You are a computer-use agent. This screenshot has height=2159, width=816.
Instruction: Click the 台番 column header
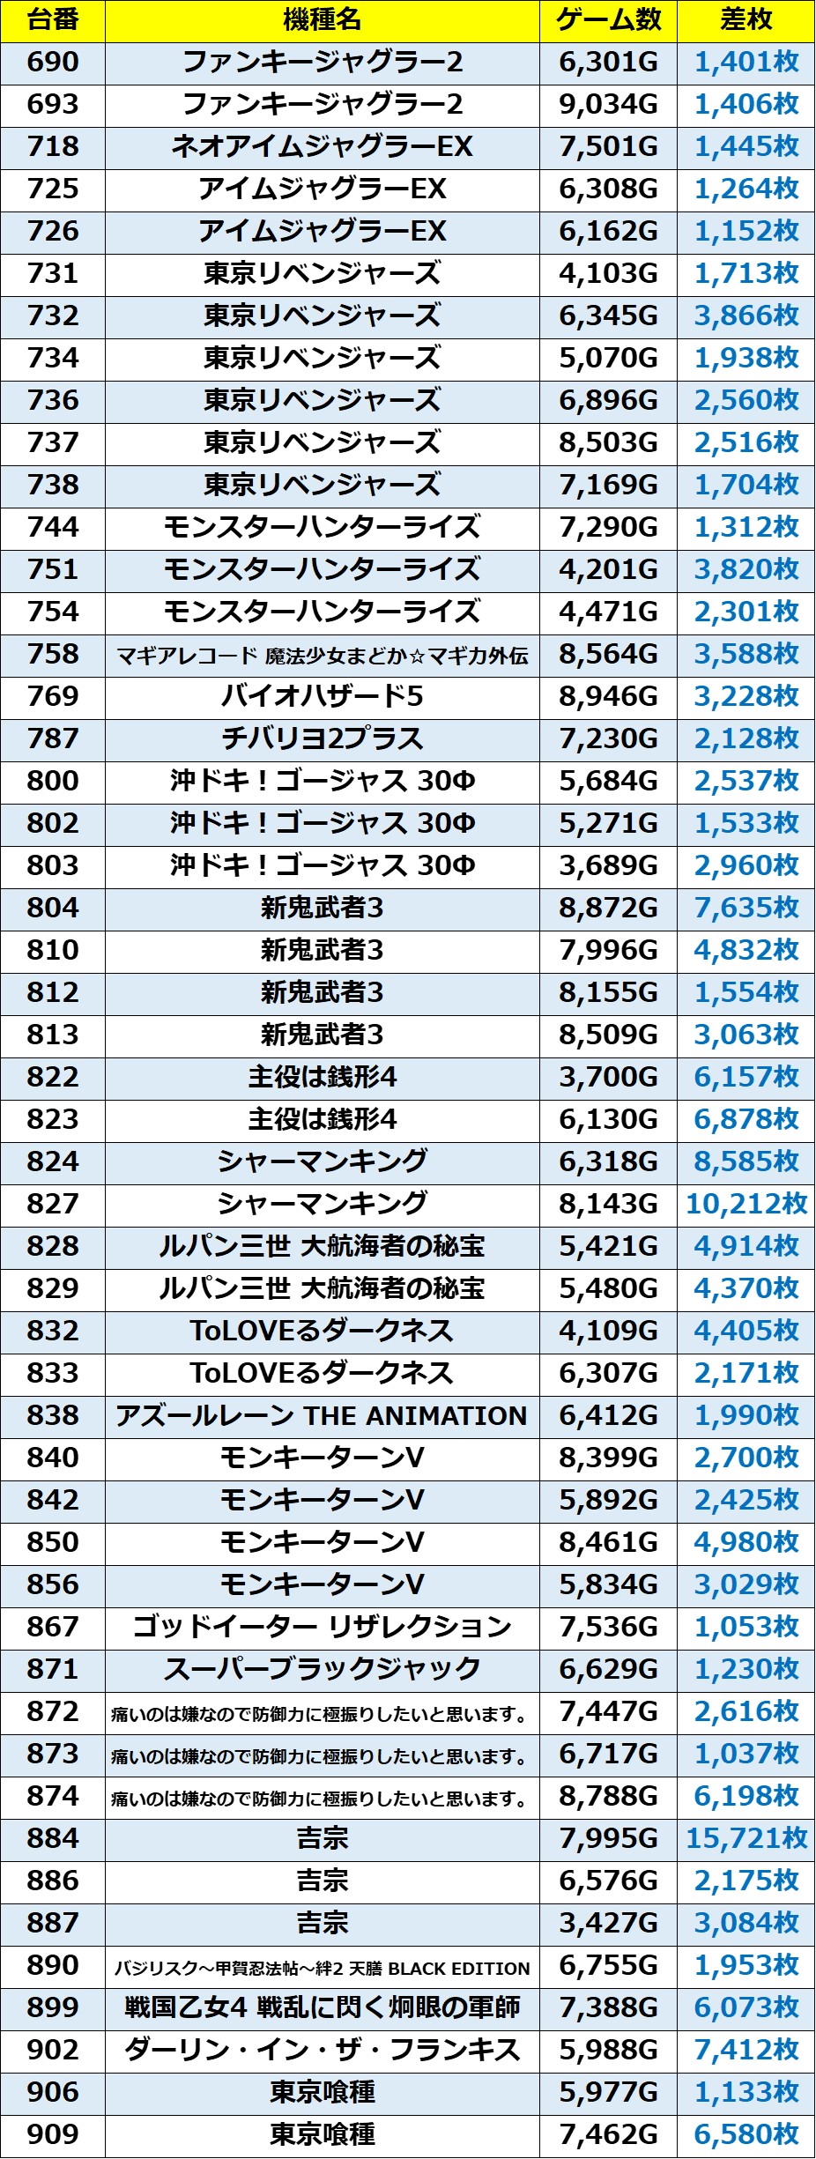pos(53,20)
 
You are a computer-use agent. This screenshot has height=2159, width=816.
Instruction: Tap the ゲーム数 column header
pos(608,20)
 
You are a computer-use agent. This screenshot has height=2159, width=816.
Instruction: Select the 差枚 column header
pos(746,20)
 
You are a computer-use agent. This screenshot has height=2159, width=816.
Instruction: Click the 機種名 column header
pos(322,20)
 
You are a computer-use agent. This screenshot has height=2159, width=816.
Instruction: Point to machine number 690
pos(53,63)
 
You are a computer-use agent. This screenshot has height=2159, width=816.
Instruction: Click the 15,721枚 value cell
pos(746,1838)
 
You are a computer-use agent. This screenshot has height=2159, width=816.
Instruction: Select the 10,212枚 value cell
pos(746,1204)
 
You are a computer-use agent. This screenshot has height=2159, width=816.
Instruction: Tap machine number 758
pos(53,655)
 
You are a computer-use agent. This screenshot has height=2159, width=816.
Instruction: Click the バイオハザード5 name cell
pos(322,697)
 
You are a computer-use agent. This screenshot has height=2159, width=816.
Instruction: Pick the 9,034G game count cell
pos(608,105)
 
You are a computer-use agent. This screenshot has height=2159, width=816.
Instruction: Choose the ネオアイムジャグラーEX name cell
pos(322,147)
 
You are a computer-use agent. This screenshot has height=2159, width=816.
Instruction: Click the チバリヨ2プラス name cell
pos(322,739)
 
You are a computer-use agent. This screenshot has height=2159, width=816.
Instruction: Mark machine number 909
pos(53,2134)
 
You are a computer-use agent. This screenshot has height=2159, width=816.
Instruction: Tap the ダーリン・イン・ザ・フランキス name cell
pos(322,2050)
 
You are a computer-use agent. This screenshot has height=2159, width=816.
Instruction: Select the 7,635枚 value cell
pos(746,909)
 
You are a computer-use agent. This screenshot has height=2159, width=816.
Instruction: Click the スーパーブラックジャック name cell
pos(322,1669)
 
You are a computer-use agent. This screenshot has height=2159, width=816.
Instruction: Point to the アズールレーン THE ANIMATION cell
pos(322,1415)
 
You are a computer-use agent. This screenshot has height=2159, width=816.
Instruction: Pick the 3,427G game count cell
pos(608,1923)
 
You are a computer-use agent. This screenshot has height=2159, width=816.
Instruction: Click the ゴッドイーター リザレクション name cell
pos(322,1627)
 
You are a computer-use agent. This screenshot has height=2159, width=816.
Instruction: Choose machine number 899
pos(53,2007)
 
